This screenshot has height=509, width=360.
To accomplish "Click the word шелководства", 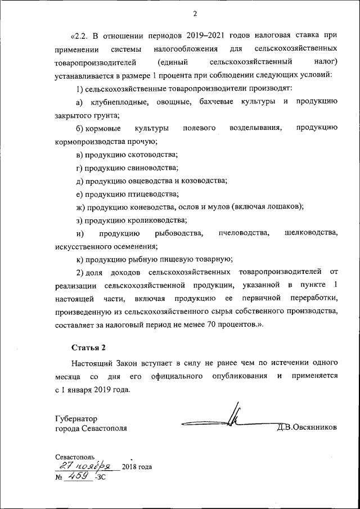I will (311, 233).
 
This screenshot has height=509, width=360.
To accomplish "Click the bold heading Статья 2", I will (88, 348).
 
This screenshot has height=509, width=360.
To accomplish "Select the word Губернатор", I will (76, 418).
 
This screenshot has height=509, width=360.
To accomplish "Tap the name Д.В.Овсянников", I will (307, 427).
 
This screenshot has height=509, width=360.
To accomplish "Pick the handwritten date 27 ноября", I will (87, 466).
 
